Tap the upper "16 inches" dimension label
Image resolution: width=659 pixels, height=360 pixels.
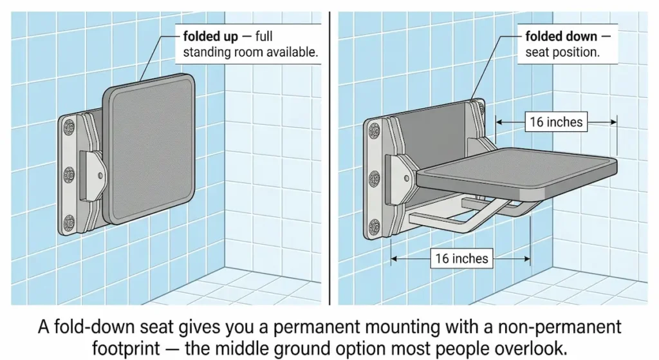[555, 121]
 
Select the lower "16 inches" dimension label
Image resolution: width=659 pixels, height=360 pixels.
[461, 259]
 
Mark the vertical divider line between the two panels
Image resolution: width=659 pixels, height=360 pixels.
[329, 155]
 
